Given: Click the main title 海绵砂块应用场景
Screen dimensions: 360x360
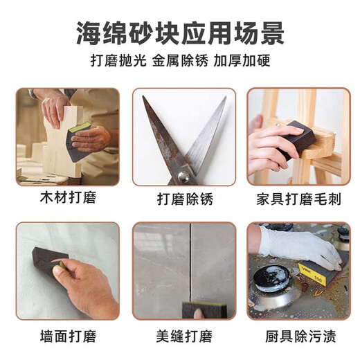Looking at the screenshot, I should (179, 33).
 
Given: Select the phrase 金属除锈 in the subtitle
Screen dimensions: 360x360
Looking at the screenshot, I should (179, 61).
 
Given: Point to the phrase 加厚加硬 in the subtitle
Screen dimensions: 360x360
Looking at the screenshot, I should (244, 61).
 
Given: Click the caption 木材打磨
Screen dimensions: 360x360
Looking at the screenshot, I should (67, 199).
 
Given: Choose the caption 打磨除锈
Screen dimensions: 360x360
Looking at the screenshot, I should (183, 199).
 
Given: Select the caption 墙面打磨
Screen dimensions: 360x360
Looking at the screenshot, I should (67, 337).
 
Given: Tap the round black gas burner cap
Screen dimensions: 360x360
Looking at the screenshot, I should (269, 278).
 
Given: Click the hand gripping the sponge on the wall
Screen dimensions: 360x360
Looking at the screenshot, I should (87, 284).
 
